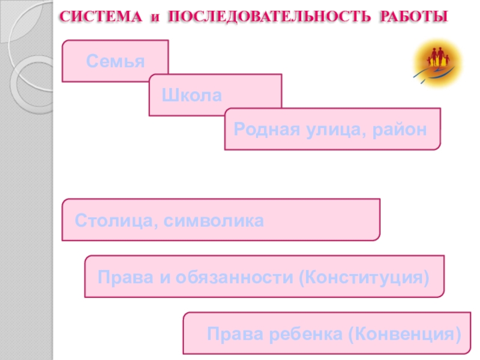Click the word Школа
pyautogui.click(x=191, y=95)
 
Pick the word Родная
pyautogui.click(x=260, y=128)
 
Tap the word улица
pyautogui.click(x=325, y=128)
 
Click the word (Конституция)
pyautogui.click(x=365, y=277)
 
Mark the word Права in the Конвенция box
pyautogui.click(x=229, y=334)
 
